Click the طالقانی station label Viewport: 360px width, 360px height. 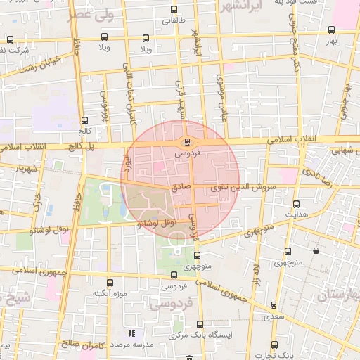[x=174, y=20]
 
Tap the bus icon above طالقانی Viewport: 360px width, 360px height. [x=174, y=10]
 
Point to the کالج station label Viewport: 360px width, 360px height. [x=85, y=131]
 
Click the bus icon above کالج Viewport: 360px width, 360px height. [x=85, y=120]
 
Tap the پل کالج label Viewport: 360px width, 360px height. [x=80, y=146]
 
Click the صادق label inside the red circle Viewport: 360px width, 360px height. [x=180, y=188]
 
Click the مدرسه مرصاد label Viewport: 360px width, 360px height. [x=149, y=345]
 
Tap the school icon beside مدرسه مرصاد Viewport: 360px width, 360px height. [x=130, y=334]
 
